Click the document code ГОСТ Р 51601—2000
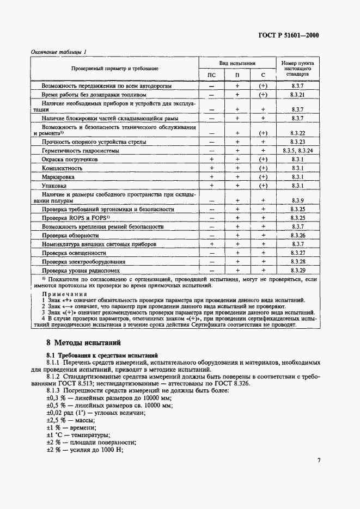click(x=289, y=35)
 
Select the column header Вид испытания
click(x=237, y=63)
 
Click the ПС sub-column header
click(x=212, y=75)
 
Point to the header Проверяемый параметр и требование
click(x=115, y=69)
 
